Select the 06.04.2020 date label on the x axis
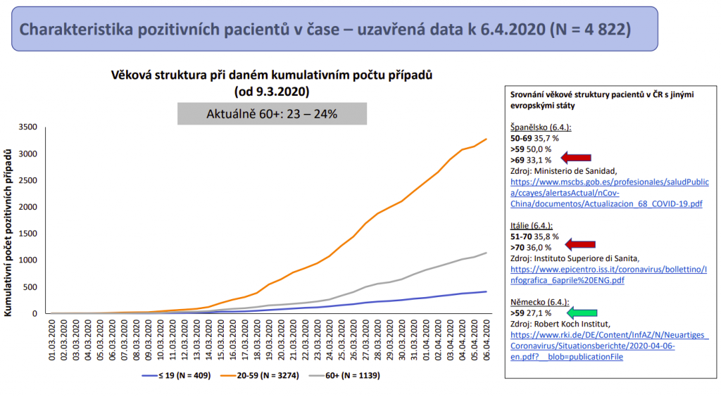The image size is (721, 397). tap(485, 342)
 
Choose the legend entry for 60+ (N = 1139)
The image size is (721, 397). tap(352, 376)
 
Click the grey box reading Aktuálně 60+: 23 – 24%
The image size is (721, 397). tap(272, 113)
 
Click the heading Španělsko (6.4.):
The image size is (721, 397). tap(541, 128)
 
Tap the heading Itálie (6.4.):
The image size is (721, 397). tap(532, 226)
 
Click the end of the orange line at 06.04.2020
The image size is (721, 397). tap(486, 139)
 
